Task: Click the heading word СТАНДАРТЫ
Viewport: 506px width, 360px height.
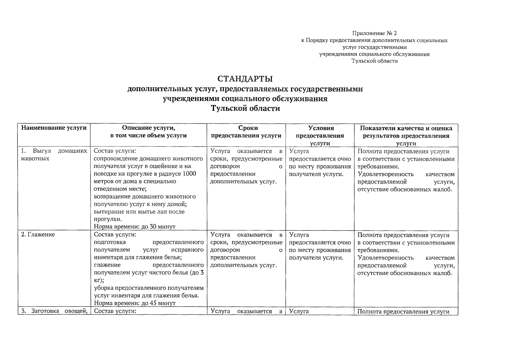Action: click(x=245, y=79)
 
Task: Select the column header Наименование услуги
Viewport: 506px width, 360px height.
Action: click(x=54, y=128)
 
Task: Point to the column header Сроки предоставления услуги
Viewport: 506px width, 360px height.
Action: click(x=246, y=132)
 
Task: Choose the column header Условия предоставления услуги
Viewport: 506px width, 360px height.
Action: click(x=320, y=135)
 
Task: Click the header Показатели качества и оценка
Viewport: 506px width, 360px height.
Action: click(x=406, y=128)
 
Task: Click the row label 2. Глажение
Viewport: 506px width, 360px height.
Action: click(x=38, y=235)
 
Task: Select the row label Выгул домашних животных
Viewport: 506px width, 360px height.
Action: click(x=54, y=154)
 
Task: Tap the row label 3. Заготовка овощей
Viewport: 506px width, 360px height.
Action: click(x=54, y=311)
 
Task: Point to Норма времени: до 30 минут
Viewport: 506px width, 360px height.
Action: click(x=134, y=227)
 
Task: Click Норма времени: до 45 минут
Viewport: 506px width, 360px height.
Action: click(x=134, y=303)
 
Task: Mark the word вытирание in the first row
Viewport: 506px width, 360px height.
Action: click(x=107, y=212)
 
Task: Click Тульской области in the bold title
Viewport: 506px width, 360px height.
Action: click(x=245, y=108)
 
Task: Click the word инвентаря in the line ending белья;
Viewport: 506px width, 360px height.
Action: click(x=107, y=257)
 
